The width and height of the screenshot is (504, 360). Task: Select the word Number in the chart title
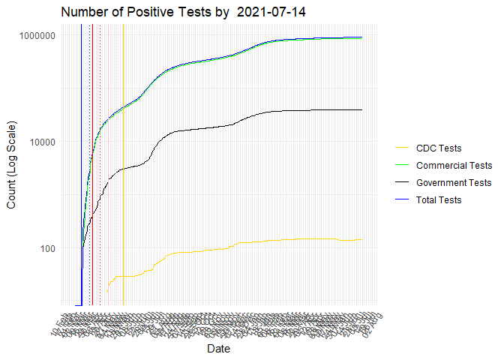tap(85, 13)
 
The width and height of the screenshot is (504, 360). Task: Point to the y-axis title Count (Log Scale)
tap(11, 164)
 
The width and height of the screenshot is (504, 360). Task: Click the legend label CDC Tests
tap(439, 148)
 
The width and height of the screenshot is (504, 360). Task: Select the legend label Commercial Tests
tap(454, 165)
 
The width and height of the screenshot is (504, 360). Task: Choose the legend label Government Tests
tap(454, 182)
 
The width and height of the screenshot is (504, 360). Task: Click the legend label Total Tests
tap(439, 199)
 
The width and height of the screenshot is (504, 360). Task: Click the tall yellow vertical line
tap(123, 187)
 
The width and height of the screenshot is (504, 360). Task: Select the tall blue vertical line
tap(81, 150)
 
